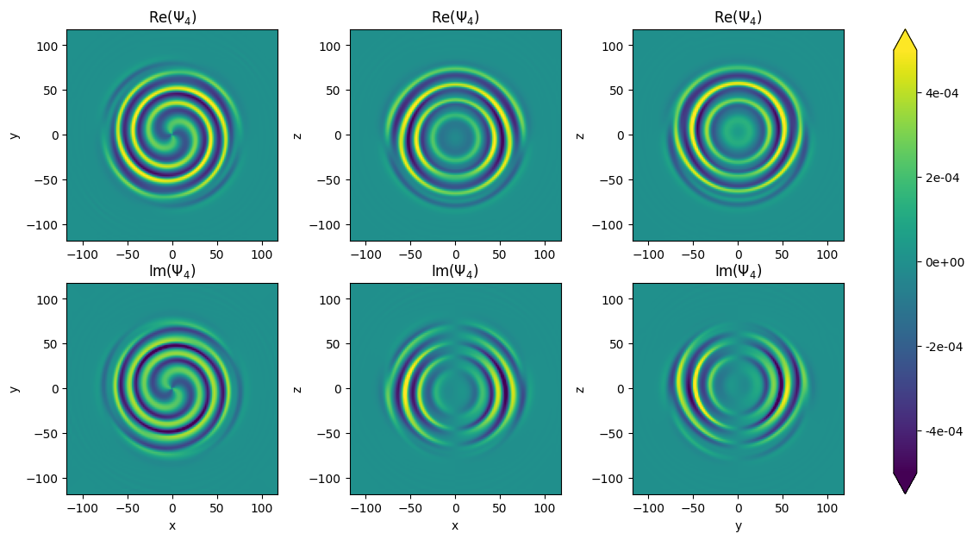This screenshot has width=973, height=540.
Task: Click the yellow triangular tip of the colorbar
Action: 905,40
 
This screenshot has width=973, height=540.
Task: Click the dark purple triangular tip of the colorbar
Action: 905,484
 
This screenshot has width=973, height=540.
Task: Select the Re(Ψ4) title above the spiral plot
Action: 172,17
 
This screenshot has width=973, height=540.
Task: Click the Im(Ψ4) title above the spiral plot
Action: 172,271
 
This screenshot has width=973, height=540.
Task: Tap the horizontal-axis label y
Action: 738,525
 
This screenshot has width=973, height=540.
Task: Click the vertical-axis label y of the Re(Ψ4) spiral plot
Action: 15,135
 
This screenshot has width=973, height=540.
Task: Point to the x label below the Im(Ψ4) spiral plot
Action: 172,525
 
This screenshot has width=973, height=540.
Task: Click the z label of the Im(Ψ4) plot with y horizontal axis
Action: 580,389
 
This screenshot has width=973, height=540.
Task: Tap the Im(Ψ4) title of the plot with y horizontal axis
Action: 738,271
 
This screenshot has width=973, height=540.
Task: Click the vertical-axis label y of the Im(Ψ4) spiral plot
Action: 15,389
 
